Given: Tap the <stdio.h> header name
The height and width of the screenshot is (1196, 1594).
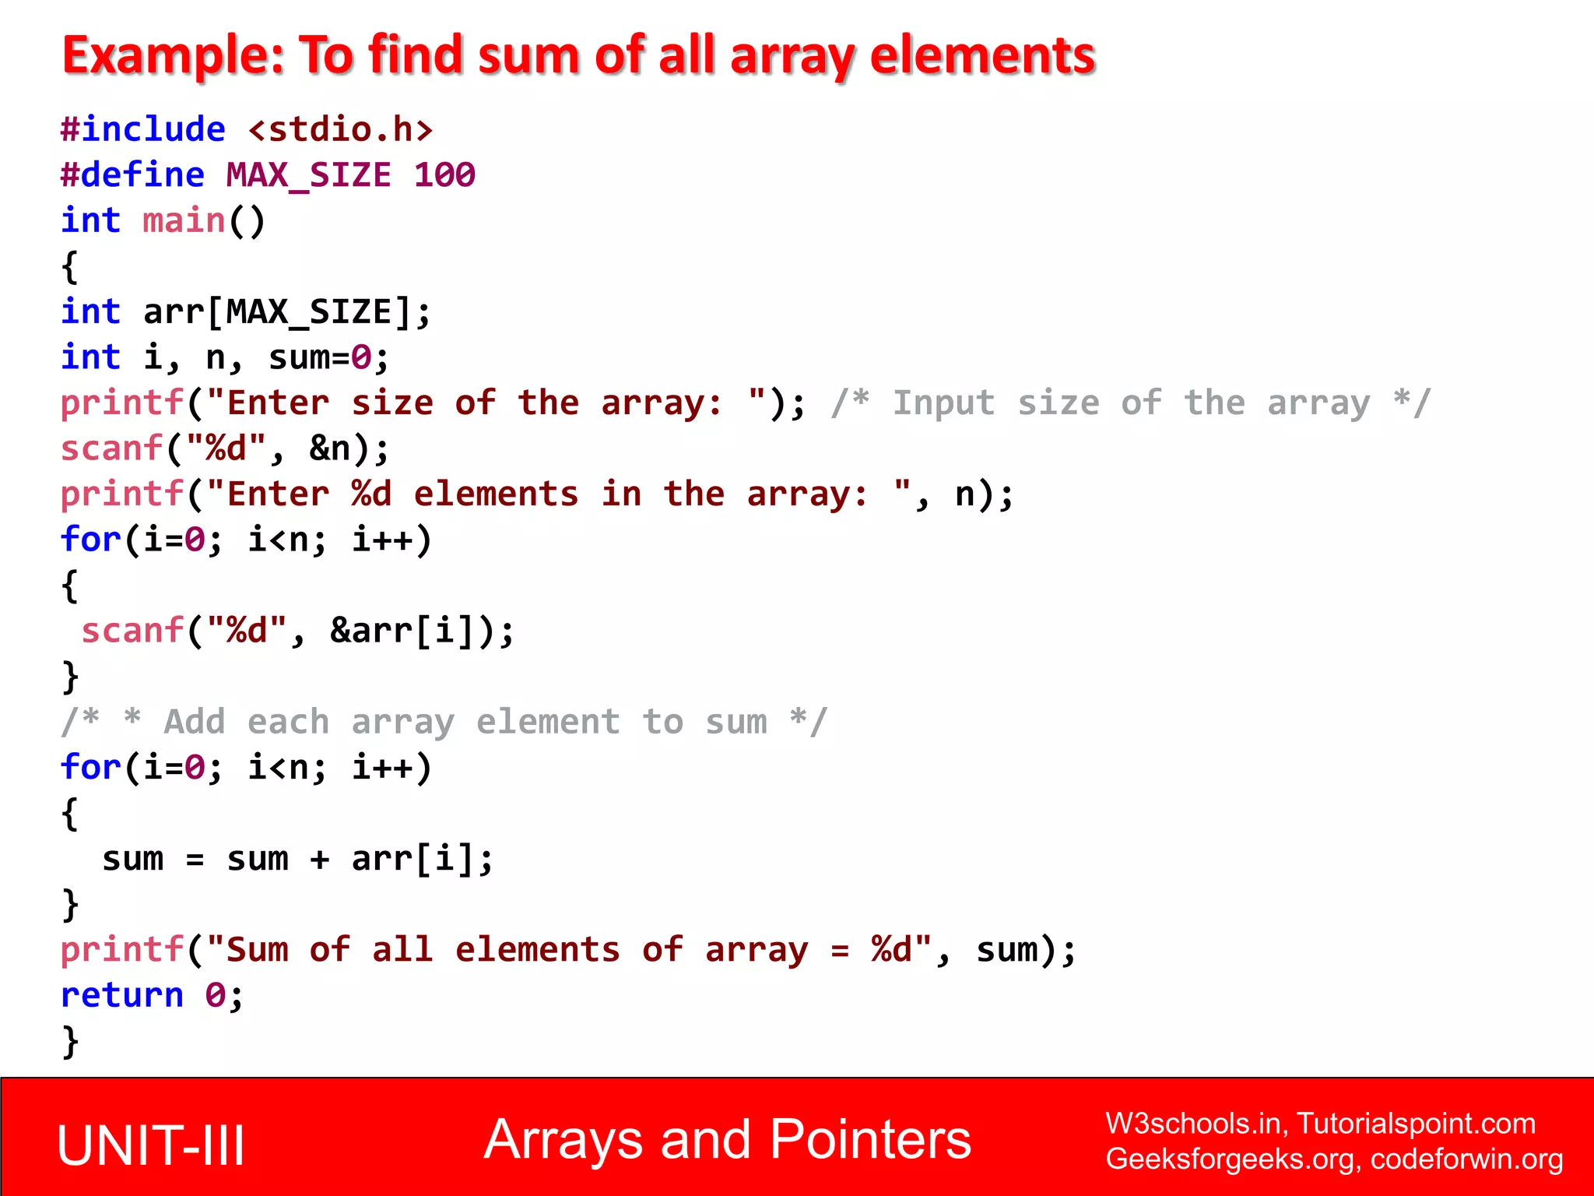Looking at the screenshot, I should (x=340, y=129).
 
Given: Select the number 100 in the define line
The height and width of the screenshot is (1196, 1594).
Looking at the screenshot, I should (x=444, y=175).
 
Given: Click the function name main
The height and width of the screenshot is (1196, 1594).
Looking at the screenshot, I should (x=184, y=221).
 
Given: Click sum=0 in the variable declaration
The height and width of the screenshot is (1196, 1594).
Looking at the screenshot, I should (x=319, y=358).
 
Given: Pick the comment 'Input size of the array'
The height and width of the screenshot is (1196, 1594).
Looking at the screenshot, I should (x=1130, y=403).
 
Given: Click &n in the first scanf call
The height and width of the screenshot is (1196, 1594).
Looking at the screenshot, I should (x=329, y=449).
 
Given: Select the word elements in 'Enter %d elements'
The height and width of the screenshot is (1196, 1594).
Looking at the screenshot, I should (x=496, y=494).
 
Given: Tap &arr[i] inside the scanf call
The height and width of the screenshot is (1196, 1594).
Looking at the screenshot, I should (x=401, y=631).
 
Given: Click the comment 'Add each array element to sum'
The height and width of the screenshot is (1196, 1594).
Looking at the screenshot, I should (x=444, y=722).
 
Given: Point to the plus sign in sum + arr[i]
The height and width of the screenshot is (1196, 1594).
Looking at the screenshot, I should (x=319, y=859).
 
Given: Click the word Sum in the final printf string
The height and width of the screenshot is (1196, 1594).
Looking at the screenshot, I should (x=257, y=950).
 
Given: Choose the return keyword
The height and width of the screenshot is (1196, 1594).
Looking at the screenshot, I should (x=122, y=996).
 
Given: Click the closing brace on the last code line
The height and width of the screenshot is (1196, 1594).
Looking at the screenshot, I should (x=70, y=1041).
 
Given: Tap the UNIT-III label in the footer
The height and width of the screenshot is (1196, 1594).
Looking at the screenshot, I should (x=151, y=1145).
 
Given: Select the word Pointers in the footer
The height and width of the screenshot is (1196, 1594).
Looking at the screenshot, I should (x=870, y=1140).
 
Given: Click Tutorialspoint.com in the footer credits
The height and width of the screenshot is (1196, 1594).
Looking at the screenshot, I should (x=1416, y=1124).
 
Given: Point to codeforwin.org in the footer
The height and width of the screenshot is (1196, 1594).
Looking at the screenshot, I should (x=1466, y=1159).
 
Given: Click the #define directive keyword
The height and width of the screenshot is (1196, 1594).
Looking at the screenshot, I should (x=132, y=175).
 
